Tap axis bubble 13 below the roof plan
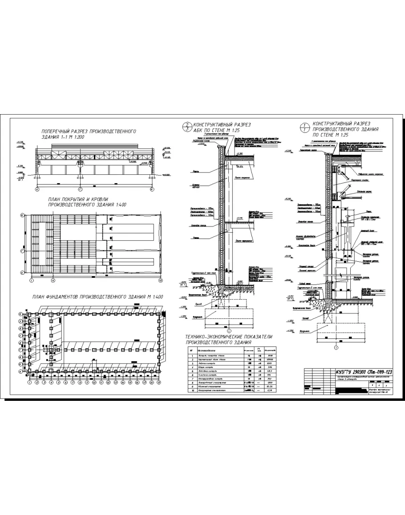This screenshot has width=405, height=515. [161, 280]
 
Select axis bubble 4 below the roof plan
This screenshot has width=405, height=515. [53, 280]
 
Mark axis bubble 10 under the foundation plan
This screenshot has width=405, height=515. [94, 382]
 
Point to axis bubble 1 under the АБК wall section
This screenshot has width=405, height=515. [228, 330]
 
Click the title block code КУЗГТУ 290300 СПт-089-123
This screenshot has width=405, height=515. [364, 372]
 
